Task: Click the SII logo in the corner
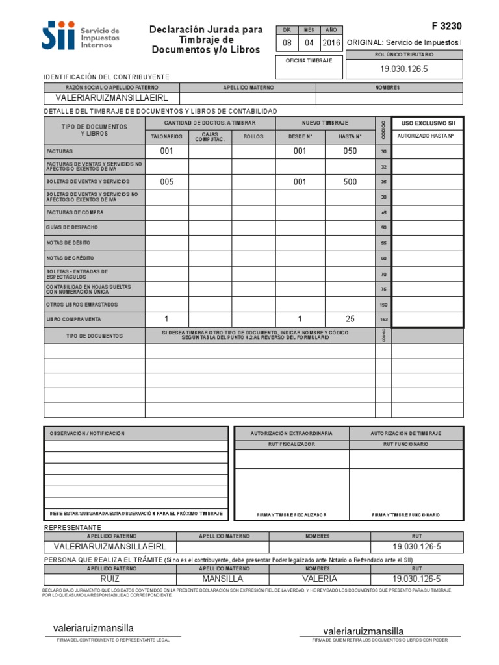[x=58, y=35]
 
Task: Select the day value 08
[x=287, y=43]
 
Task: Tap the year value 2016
[x=331, y=43]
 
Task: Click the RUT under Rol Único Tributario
[x=404, y=68]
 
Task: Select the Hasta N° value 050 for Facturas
[x=350, y=151]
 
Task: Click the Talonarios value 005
[x=167, y=182]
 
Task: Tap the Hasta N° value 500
[x=350, y=182]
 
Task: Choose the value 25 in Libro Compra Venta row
[x=350, y=319]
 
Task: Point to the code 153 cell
[x=383, y=320]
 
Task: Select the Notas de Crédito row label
[x=71, y=258]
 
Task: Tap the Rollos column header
[x=253, y=137]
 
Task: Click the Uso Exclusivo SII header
[x=428, y=122]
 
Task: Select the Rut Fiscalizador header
[x=292, y=444]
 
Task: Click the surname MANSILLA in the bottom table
[x=222, y=578]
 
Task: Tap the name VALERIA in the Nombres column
[x=320, y=578]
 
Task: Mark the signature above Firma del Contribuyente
[x=94, y=628]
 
